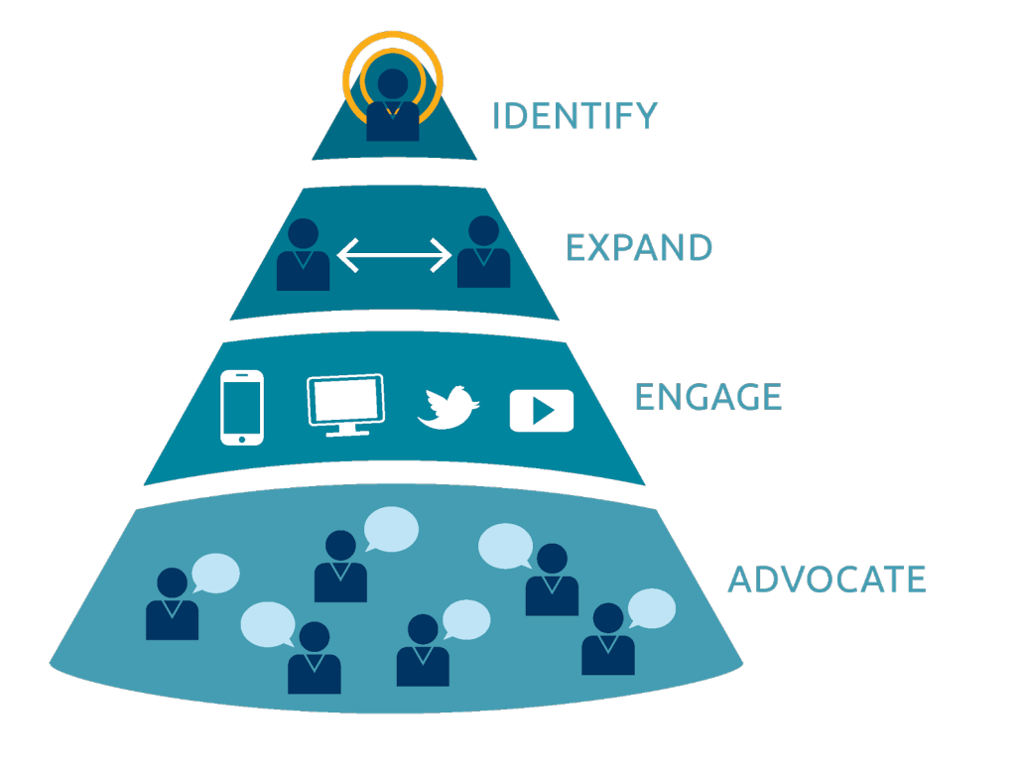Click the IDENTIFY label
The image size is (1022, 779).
pyautogui.click(x=575, y=116)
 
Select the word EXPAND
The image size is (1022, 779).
pyautogui.click(x=639, y=248)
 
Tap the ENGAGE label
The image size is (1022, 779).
pyautogui.click(x=708, y=397)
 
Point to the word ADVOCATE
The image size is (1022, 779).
pyautogui.click(x=827, y=580)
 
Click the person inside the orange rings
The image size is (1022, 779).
pyautogui.click(x=393, y=105)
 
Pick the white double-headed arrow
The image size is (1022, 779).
pyautogui.click(x=394, y=257)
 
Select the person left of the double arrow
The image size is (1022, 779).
pyautogui.click(x=303, y=255)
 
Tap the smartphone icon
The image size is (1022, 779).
pyautogui.click(x=241, y=407)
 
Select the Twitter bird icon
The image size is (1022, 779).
pyautogui.click(x=447, y=408)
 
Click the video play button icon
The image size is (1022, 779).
pyautogui.click(x=542, y=410)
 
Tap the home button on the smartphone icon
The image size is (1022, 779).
pyautogui.click(x=241, y=436)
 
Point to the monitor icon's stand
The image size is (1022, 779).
pyautogui.click(x=344, y=431)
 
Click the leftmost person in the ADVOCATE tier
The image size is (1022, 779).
pyautogui.click(x=172, y=604)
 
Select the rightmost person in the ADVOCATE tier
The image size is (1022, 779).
pyautogui.click(x=607, y=640)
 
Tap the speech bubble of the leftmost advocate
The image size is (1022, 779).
pyautogui.click(x=215, y=574)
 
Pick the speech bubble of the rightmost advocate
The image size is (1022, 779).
pyautogui.click(x=652, y=608)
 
